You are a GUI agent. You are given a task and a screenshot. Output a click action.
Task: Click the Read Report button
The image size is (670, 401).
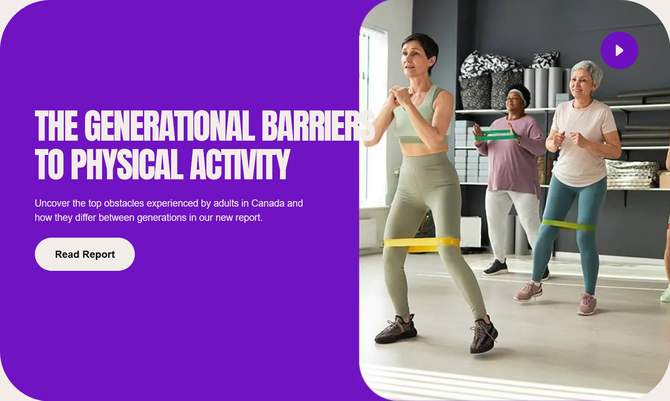[x=84, y=254]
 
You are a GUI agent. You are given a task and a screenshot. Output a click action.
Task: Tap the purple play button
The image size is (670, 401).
[x=620, y=50]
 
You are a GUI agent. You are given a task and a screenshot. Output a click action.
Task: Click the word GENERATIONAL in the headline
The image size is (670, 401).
[x=169, y=126]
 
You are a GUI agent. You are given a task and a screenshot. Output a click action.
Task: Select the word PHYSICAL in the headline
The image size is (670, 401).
[x=127, y=165]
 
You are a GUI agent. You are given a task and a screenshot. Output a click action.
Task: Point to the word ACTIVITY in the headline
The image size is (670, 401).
[x=240, y=165]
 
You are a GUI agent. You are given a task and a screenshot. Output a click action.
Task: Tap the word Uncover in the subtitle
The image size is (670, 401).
[x=53, y=203]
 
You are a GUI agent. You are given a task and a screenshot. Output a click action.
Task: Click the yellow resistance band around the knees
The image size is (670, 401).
[x=422, y=244]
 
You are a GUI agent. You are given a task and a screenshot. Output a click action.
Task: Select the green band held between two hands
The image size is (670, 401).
[x=496, y=135]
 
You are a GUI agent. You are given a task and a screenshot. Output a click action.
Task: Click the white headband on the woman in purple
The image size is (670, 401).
[x=519, y=95]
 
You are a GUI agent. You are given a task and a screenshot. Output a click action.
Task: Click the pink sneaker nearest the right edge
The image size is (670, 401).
[x=587, y=304]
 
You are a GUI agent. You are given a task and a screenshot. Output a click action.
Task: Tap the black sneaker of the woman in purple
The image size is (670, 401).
[x=496, y=267]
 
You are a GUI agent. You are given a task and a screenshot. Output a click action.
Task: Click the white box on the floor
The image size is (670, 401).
[x=471, y=232]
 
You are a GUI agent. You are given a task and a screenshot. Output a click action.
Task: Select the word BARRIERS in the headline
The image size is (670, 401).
[x=318, y=126]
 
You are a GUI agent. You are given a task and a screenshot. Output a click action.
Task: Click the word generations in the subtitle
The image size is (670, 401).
[x=161, y=218]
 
